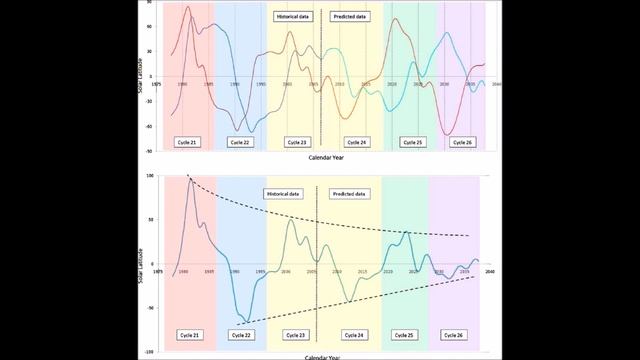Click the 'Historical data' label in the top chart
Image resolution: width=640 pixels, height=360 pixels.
pyautogui.click(x=290, y=17)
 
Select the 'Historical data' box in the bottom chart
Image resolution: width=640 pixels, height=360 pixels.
pyautogui.click(x=282, y=193)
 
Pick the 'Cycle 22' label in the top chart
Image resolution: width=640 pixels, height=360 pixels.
pyautogui.click(x=241, y=142)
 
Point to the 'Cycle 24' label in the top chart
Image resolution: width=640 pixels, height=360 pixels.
pyautogui.click(x=356, y=142)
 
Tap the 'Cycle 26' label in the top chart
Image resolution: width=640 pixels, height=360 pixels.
pyautogui.click(x=463, y=142)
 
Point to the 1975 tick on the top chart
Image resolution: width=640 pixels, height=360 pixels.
pyautogui.click(x=157, y=85)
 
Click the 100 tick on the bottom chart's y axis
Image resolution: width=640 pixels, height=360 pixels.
pyautogui.click(x=148, y=176)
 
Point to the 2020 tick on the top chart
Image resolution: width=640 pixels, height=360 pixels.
pyautogui.click(x=392, y=85)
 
